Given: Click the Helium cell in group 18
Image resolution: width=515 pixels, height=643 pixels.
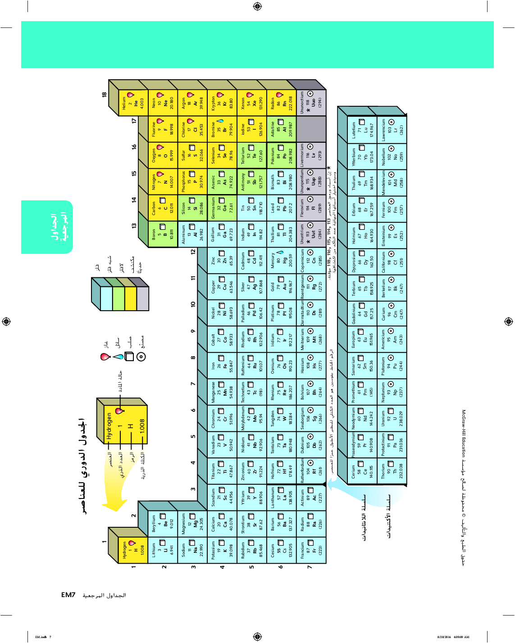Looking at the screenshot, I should click(x=133, y=103).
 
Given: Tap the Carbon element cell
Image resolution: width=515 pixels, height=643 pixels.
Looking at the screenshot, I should click(x=162, y=208).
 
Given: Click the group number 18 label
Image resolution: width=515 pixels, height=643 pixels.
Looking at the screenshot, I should click(x=104, y=95).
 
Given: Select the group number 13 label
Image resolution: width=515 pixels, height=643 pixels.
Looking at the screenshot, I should click(x=134, y=226).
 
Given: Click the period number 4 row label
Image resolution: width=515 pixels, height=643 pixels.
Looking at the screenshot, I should click(x=222, y=567).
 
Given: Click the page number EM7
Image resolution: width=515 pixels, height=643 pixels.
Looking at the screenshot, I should click(x=68, y=595).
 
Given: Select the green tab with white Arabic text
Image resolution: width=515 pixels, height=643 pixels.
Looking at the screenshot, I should click(x=47, y=227).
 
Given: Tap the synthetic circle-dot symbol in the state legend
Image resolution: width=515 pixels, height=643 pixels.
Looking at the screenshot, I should click(x=141, y=357).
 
